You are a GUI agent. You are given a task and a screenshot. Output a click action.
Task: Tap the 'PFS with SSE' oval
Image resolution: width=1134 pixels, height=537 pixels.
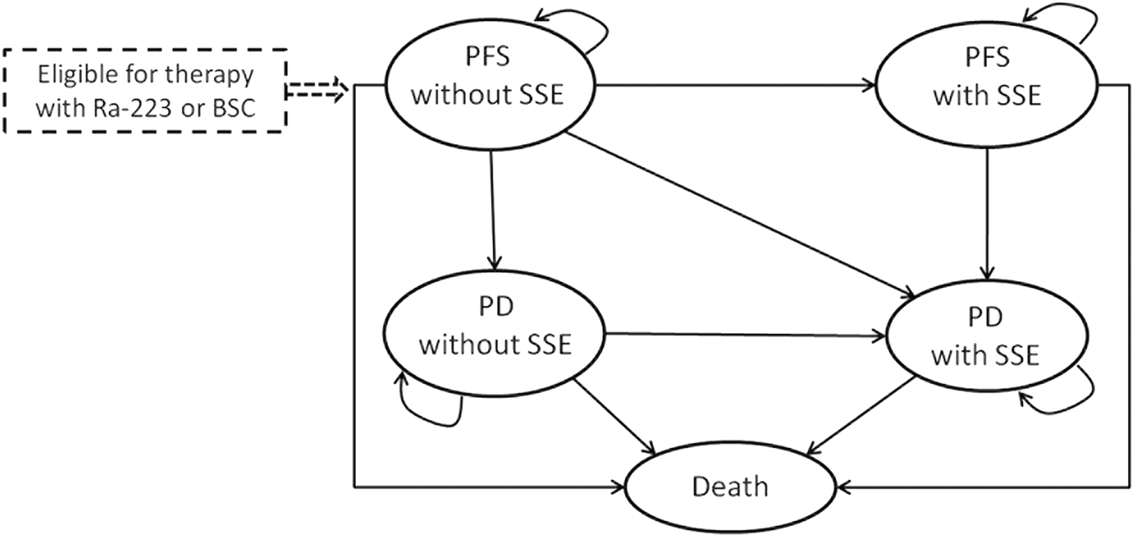click(x=985, y=85)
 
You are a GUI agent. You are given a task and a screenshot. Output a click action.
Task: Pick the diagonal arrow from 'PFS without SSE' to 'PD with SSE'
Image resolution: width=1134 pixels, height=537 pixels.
click(x=739, y=214)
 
